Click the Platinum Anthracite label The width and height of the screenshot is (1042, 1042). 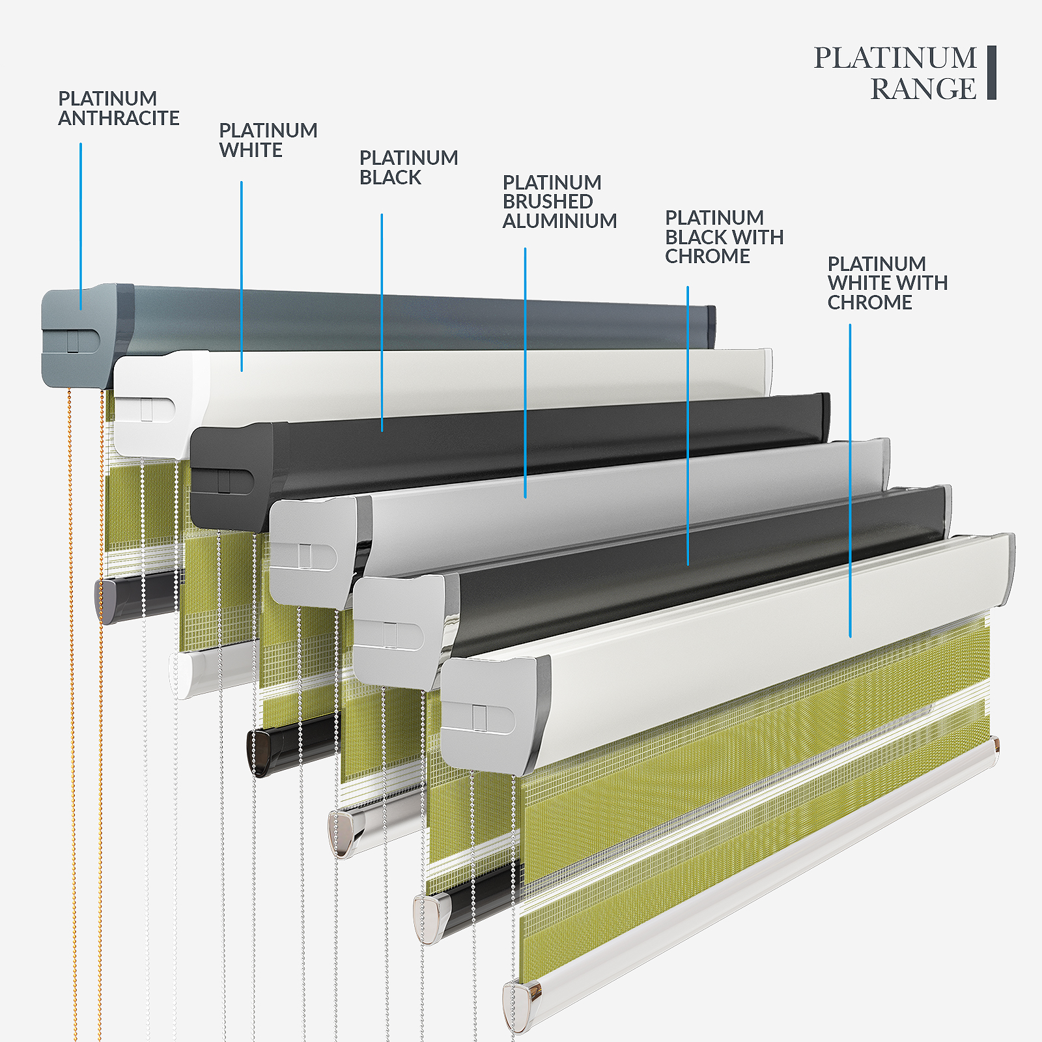(x=119, y=108)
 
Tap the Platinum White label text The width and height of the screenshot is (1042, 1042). (x=268, y=140)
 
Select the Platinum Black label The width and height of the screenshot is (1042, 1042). (x=408, y=167)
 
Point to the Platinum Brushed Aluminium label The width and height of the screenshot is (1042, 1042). (x=559, y=201)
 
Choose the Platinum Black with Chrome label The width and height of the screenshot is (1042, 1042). (x=724, y=237)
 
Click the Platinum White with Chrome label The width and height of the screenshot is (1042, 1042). (x=888, y=283)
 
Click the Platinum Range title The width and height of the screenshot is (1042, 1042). (x=895, y=73)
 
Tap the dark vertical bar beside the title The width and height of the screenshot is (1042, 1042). (x=992, y=72)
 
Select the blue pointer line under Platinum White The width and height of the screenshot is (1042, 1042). (x=242, y=276)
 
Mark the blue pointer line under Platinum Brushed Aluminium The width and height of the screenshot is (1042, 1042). (x=526, y=373)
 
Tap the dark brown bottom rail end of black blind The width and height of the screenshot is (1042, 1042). (x=260, y=752)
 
